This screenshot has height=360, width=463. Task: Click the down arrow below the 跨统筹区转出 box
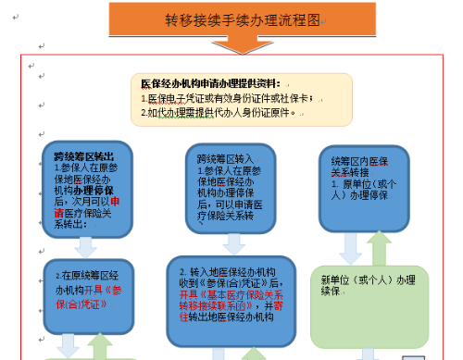[x=84, y=245]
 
